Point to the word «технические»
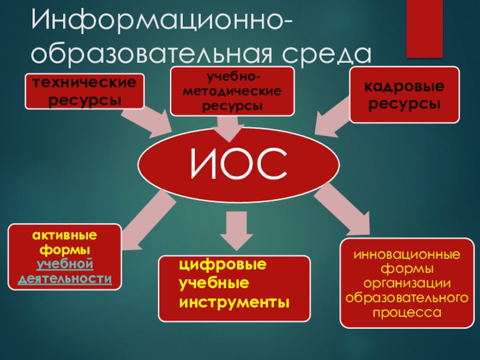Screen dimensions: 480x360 (x=84, y=83)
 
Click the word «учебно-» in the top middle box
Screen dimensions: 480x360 (x=232, y=77)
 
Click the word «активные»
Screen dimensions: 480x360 (x=64, y=235)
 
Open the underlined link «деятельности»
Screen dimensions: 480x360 (x=65, y=278)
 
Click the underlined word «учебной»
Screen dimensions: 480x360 (x=65, y=264)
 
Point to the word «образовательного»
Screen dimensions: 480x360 (x=406, y=298)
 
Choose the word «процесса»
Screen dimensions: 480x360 (x=406, y=312)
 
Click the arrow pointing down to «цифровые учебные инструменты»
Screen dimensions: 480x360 (x=234, y=231)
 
